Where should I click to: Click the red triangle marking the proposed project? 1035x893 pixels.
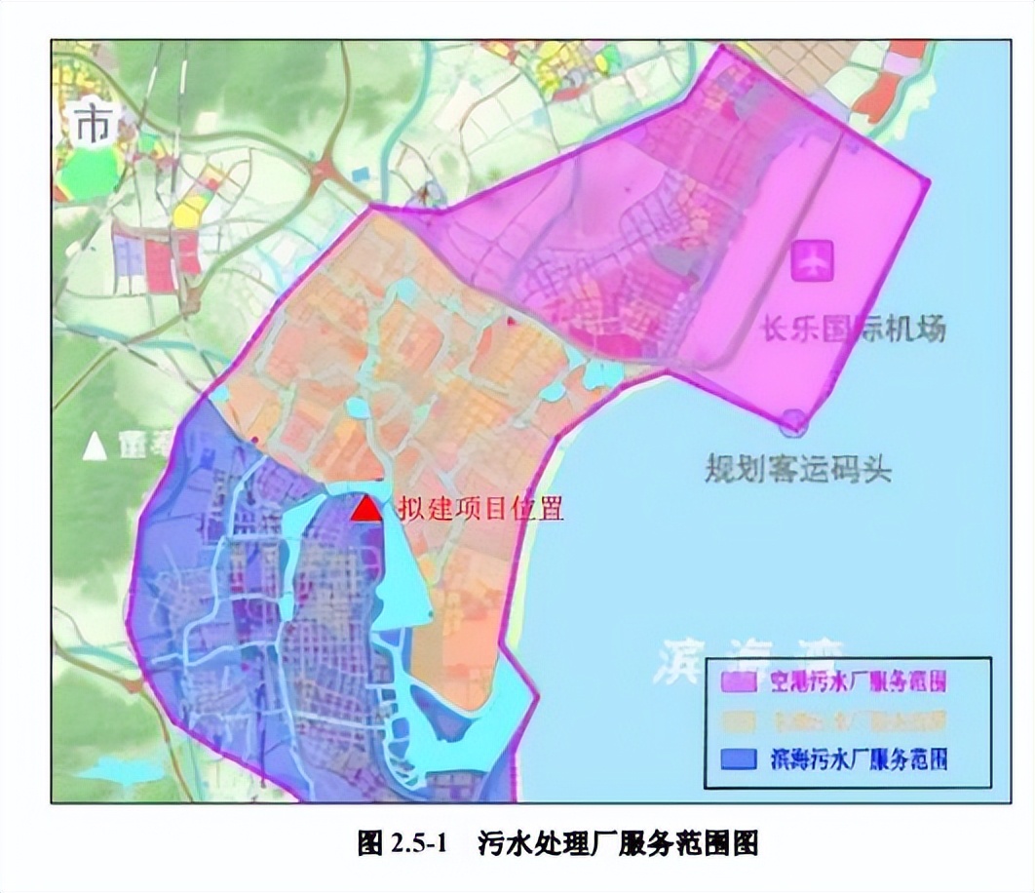click(366, 509)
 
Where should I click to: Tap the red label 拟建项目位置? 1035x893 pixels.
click(480, 510)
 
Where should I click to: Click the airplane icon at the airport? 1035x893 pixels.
click(812, 259)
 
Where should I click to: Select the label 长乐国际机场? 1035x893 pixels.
click(852, 329)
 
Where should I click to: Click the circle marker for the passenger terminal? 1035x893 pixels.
click(794, 421)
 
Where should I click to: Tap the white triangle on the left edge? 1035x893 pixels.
click(94, 446)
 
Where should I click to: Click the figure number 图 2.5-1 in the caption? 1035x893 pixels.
click(402, 841)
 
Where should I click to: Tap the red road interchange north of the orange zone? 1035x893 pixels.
click(324, 175)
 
